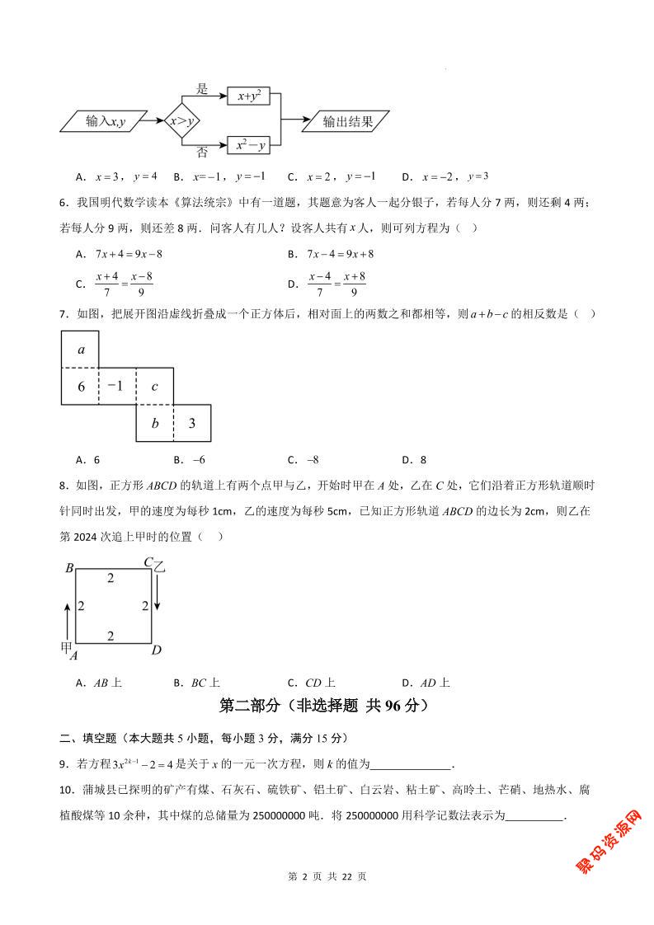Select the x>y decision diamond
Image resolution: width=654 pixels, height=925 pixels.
click(x=181, y=122)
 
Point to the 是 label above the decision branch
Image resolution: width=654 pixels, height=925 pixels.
click(x=202, y=88)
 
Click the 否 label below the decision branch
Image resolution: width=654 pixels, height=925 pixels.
click(x=202, y=153)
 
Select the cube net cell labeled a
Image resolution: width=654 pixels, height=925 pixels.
click(x=80, y=350)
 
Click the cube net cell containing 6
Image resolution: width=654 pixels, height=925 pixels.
click(x=80, y=386)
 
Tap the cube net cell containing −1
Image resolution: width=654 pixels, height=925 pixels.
click(x=117, y=386)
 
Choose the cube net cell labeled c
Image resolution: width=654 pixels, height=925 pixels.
click(x=154, y=386)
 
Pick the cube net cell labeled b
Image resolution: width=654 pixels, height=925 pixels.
click(x=154, y=424)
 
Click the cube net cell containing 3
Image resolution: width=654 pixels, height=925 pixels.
click(x=191, y=424)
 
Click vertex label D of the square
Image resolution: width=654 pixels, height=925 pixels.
click(x=156, y=650)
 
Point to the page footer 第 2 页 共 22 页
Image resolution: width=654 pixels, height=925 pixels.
click(x=327, y=899)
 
